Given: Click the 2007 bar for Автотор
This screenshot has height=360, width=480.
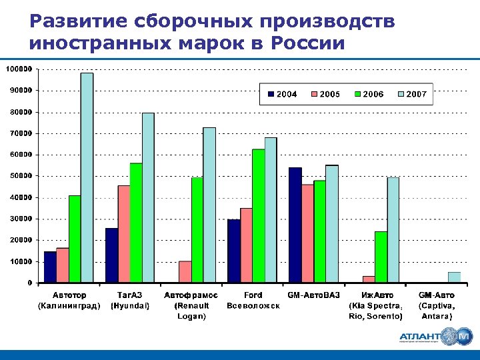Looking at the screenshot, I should (87, 177).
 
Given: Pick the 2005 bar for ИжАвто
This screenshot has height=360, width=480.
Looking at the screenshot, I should (369, 279).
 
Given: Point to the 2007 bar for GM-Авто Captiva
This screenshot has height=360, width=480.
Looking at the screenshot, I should (454, 277).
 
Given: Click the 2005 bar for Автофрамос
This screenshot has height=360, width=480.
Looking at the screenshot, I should (185, 271).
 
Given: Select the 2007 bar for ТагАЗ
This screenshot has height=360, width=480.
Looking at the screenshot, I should (148, 197).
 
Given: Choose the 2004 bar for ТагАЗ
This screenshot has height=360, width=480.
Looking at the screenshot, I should (111, 255).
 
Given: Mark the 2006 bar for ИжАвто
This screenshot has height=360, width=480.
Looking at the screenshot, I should (381, 257).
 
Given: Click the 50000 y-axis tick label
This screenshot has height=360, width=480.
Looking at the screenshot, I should (21, 176).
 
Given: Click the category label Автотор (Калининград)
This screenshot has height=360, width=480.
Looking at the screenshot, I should (69, 301).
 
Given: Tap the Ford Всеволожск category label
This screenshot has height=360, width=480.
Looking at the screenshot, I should (253, 301).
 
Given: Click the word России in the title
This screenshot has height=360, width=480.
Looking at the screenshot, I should (308, 44).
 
